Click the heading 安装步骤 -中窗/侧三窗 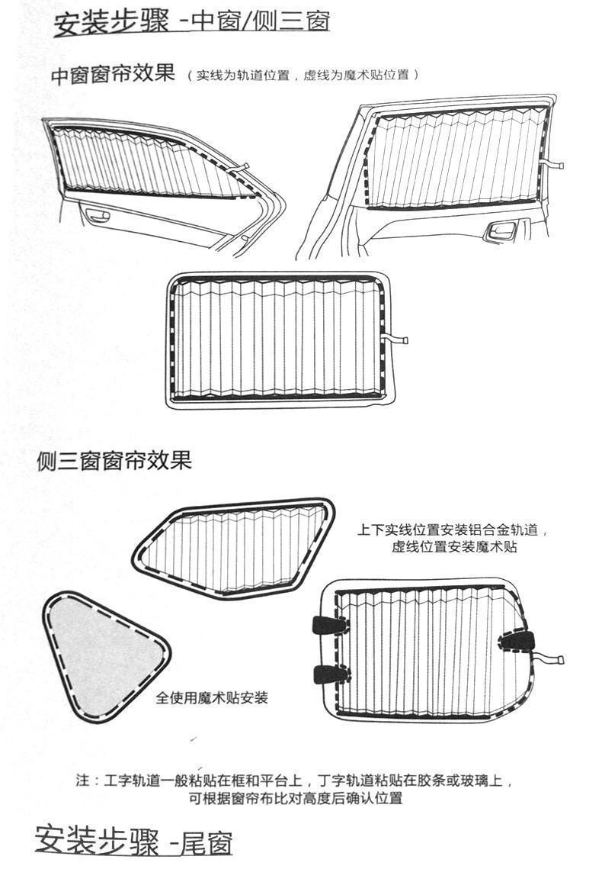[191, 22]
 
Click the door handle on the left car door [98, 215]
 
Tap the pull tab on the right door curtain [553, 163]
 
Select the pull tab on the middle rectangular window [396, 340]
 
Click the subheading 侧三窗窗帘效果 [114, 461]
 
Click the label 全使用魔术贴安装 [212, 697]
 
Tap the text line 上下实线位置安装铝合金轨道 [453, 530]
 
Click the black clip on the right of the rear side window [517, 640]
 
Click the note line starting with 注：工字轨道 [295, 781]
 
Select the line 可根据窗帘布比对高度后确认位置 [296, 799]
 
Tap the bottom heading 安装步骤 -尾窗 [133, 842]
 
